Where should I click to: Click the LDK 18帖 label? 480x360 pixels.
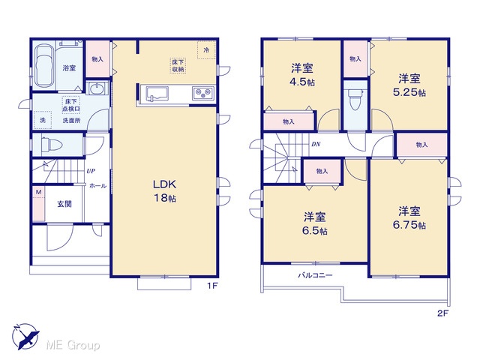pos(164,191)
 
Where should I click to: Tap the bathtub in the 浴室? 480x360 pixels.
pos(44,66)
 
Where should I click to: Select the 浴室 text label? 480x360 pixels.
pos(69,68)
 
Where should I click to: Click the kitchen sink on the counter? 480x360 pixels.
pos(157,93)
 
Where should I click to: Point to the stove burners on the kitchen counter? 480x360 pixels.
pos(203,93)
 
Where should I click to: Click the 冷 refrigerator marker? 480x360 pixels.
pos(207,49)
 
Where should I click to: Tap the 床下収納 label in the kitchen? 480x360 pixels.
pos(178,66)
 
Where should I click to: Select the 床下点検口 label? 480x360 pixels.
pos(71,105)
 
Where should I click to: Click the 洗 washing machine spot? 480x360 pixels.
pos(43,120)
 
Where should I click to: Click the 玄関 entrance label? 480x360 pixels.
pos(64,204)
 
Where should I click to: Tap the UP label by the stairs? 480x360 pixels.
pos(91,171)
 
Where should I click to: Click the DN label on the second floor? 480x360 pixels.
pos(316,144)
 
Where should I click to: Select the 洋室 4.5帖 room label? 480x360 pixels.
pos(302,75)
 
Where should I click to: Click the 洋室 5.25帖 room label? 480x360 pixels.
pos(409,85)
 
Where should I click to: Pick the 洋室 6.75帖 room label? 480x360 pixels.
pos(409,218)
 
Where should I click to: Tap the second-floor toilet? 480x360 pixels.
pos(355,98)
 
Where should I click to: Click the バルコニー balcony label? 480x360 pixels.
pos(315,275)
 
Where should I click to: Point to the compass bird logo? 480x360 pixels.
pos(25,337)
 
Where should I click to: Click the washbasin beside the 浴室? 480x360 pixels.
pos(97,88)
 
